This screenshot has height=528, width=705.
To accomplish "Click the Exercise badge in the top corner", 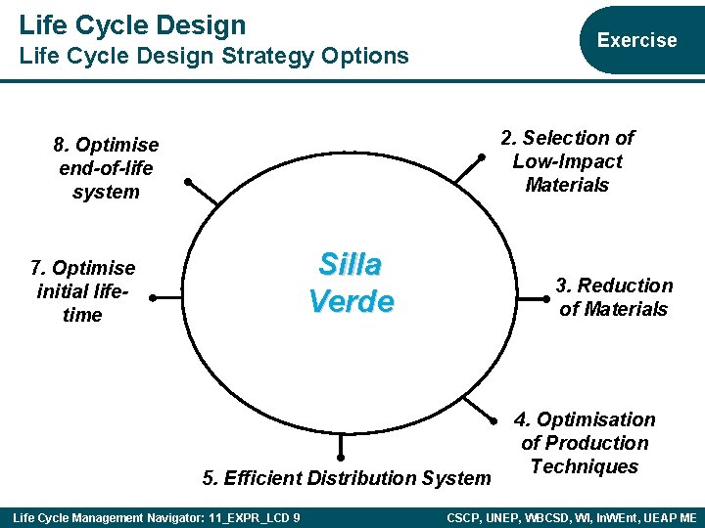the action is pyautogui.click(x=636, y=40).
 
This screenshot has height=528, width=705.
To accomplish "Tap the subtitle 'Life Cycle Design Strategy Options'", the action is pyautogui.click(x=213, y=56).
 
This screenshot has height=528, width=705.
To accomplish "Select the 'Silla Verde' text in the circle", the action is pyautogui.click(x=351, y=282).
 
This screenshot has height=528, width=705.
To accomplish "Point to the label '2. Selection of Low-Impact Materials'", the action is pyautogui.click(x=567, y=161).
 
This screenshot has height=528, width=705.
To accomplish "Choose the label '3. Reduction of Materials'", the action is pyautogui.click(x=613, y=297).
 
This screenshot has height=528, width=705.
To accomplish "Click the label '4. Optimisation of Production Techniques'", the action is pyautogui.click(x=585, y=443).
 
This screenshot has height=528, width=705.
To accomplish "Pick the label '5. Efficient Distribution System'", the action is pyautogui.click(x=346, y=478).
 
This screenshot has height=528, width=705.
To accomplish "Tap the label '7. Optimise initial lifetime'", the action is pyautogui.click(x=82, y=291).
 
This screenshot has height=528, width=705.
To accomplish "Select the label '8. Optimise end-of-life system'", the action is pyautogui.click(x=106, y=168).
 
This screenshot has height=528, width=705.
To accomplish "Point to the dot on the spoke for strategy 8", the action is pyautogui.click(x=189, y=180).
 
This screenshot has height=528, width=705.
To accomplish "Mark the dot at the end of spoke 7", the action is pyautogui.click(x=153, y=296).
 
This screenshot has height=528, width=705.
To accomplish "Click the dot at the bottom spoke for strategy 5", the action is pyautogui.click(x=341, y=457).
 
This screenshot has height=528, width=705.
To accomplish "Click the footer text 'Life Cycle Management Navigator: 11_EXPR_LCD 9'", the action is pyautogui.click(x=156, y=517).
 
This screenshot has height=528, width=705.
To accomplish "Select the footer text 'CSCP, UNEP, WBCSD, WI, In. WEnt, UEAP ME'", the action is pyautogui.click(x=571, y=517).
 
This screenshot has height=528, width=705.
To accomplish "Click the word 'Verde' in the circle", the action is pyautogui.click(x=351, y=300).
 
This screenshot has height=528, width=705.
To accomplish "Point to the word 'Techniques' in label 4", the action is pyautogui.click(x=585, y=466).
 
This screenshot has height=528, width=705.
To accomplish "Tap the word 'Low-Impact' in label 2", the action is pyautogui.click(x=567, y=161).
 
